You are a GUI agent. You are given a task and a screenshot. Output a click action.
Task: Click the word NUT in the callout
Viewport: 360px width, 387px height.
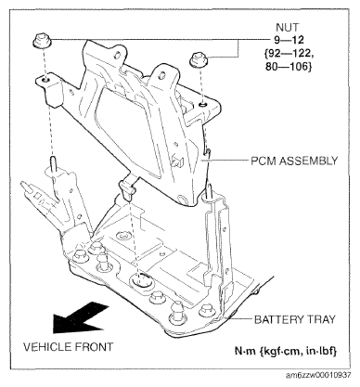pos(288,28)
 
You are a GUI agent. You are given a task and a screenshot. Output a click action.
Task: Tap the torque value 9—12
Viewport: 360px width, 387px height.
pos(289,40)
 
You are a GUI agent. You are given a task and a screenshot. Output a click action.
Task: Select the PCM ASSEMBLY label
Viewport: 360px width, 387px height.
pos(294,161)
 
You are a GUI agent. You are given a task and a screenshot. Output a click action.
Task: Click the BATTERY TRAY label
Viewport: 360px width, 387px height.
pos(295,319)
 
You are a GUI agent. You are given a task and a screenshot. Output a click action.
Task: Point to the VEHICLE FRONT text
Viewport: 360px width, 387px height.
pos(69,346)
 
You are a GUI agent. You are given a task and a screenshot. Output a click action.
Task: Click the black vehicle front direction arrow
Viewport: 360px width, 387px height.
pos(79,318)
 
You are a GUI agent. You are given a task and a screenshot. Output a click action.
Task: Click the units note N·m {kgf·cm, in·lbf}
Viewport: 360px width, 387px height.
pos(286,352)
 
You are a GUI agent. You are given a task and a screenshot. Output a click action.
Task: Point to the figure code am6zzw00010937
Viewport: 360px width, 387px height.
pos(318,375)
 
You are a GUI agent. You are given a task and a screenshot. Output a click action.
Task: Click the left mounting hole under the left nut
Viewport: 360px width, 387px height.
pos(45,81)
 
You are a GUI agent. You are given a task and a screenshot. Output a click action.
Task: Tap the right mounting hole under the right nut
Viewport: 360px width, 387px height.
pos(202,105)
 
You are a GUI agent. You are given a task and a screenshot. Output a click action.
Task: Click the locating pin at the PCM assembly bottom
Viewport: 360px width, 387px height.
pos(127,189)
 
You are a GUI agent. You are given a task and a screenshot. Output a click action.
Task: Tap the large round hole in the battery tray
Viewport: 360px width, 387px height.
pos(142,279)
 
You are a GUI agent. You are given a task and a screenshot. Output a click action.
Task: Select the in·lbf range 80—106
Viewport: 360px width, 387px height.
pos(289,67)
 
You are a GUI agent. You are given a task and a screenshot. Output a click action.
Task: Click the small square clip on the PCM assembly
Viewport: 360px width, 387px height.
pos(178,161)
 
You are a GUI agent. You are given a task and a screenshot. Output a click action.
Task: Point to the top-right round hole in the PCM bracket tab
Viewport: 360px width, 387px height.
pos(161,75)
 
